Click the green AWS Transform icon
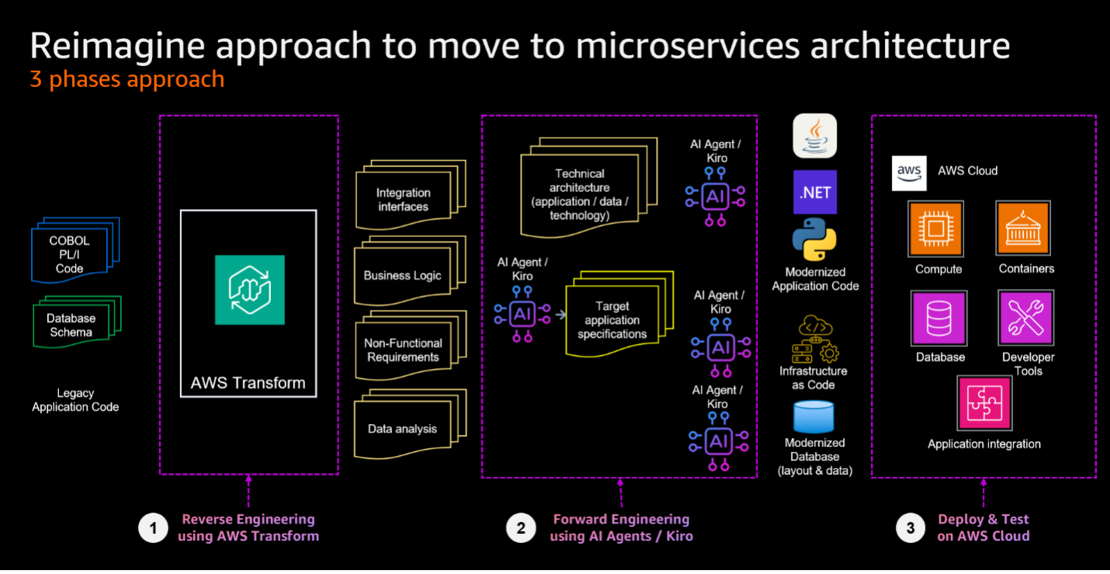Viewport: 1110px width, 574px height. (249, 290)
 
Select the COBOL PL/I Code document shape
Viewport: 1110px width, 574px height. (71, 253)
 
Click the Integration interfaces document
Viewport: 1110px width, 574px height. (404, 200)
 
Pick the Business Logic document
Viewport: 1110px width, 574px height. (403, 276)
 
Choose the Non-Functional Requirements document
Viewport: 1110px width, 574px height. (404, 350)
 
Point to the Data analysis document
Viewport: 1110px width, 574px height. (403, 429)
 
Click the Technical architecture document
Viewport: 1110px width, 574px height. (580, 194)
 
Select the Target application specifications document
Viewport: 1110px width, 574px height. (612, 320)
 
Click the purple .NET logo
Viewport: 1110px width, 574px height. (815, 192)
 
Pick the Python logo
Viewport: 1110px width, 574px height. (814, 239)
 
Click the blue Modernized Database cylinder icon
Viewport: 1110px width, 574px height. (814, 417)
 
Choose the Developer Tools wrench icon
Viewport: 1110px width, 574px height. (1026, 318)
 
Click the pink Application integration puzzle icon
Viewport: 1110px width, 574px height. (984, 403)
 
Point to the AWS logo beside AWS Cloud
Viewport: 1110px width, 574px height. (909, 172)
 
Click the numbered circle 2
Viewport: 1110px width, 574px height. (521, 529)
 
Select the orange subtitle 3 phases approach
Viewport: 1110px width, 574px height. (127, 79)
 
